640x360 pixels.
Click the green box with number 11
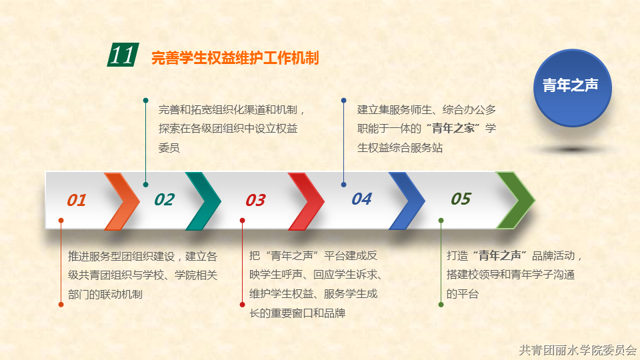tap(123, 55)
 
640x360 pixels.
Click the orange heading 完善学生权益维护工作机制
tap(235, 58)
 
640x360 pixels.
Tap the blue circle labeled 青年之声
tap(572, 88)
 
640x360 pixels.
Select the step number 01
tap(76, 200)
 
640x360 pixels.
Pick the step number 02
tap(165, 199)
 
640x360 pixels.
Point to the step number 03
tap(255, 200)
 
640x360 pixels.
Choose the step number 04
tap(361, 199)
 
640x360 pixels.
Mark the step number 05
tap(461, 199)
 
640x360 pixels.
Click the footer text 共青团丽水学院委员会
tap(577, 350)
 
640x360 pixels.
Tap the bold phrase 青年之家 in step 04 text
tap(453, 129)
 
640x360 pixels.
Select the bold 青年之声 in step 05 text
tap(499, 256)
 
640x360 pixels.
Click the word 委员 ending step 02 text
tap(169, 148)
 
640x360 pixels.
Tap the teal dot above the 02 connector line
tap(146, 101)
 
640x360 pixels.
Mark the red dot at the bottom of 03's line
tap(242, 305)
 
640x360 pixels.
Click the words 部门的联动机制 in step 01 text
tap(105, 294)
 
